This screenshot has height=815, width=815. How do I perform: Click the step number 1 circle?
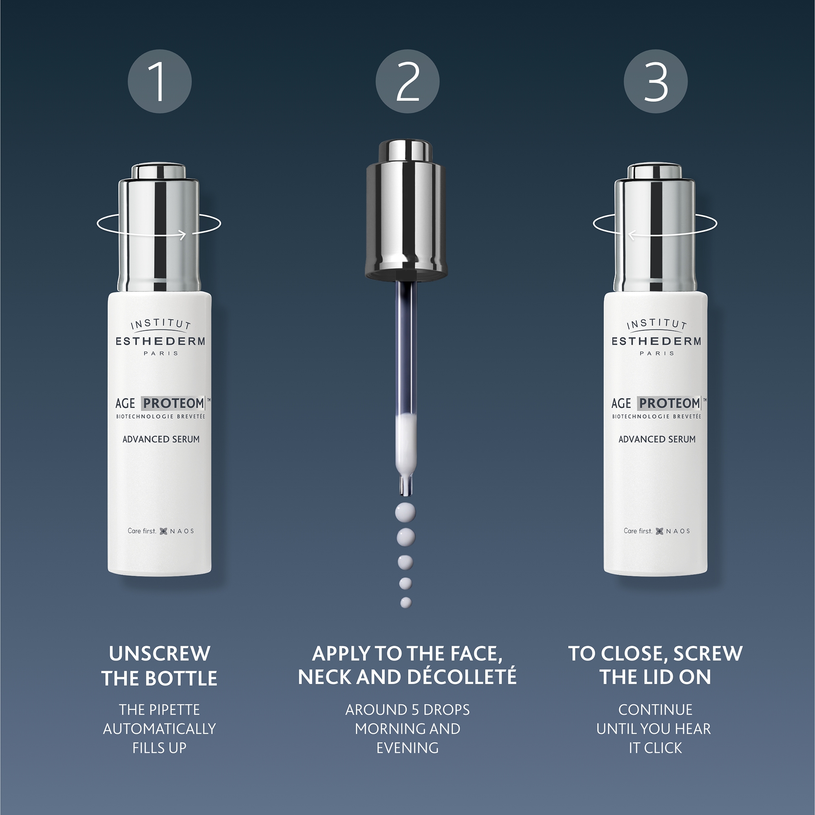tap(159, 81)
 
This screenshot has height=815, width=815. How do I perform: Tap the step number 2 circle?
tap(407, 81)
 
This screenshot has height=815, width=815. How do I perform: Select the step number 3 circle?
tap(656, 81)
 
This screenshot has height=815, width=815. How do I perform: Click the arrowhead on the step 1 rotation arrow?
tap(183, 235)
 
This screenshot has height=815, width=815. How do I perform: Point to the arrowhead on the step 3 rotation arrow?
tap(632, 235)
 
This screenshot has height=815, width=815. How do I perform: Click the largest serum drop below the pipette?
tap(405, 513)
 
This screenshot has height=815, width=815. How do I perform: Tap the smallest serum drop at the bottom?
tap(406, 603)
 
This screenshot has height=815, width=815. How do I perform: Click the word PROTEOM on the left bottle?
tap(173, 403)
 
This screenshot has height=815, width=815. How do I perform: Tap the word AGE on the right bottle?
tap(621, 404)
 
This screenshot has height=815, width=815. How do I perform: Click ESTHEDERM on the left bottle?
tap(160, 341)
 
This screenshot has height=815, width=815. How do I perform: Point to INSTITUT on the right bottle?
tap(656, 324)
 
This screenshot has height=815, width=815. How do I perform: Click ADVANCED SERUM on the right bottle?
tap(657, 439)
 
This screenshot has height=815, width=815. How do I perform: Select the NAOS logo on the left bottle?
tap(177, 531)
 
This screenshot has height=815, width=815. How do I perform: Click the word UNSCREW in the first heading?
tap(159, 654)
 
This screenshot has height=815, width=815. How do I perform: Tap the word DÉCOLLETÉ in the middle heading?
tap(462, 676)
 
